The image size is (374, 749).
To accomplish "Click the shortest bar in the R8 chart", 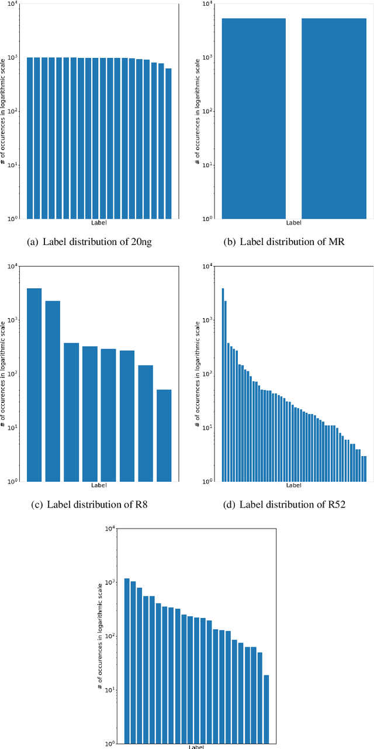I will [164, 435].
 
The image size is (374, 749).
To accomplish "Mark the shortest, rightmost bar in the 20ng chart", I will [168, 143].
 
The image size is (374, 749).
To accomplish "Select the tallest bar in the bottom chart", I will [127, 661].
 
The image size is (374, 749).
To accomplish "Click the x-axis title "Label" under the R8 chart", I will [99, 485].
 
